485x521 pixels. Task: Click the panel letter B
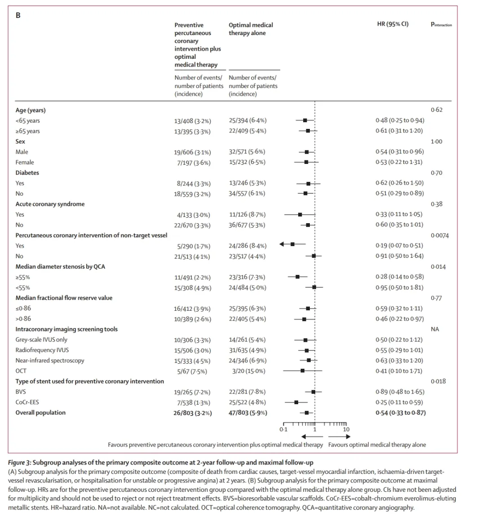(18, 15)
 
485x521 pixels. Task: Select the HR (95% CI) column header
(392, 24)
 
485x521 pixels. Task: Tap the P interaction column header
(441, 25)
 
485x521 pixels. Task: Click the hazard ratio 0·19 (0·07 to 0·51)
(399, 246)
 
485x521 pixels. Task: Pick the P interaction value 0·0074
(439, 235)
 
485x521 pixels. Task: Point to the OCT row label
(21, 371)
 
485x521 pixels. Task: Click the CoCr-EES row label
(24, 402)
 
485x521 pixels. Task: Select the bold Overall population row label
(40, 413)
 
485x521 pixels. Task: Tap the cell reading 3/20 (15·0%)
(247, 371)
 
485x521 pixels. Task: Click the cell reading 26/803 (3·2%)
(193, 413)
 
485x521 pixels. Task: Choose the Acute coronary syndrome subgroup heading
(50, 204)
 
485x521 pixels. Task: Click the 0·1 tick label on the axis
(283, 429)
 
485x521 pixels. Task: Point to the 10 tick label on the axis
(346, 429)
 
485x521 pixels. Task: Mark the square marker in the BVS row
(313, 392)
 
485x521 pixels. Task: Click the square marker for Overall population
(307, 412)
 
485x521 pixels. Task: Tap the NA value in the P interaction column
(435, 329)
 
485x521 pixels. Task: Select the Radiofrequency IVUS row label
(42, 350)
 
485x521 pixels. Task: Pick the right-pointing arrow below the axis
(339, 436)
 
